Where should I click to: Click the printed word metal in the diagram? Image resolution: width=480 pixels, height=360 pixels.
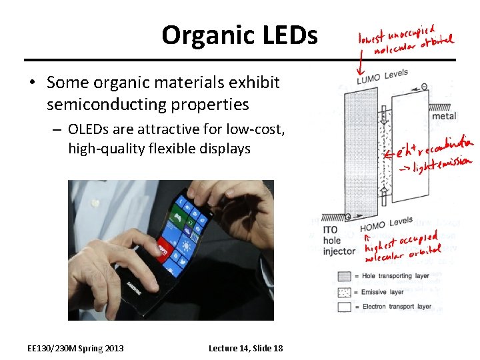[444, 116]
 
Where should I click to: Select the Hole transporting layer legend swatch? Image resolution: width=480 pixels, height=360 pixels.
[343, 275]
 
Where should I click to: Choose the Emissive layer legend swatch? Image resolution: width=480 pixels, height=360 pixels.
[343, 291]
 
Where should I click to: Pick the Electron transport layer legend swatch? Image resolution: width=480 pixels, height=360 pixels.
[343, 307]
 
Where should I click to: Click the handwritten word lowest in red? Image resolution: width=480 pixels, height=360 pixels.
[371, 39]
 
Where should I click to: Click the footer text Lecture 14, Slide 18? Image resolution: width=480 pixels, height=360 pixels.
[245, 348]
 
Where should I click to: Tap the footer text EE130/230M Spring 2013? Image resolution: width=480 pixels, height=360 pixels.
[75, 348]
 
